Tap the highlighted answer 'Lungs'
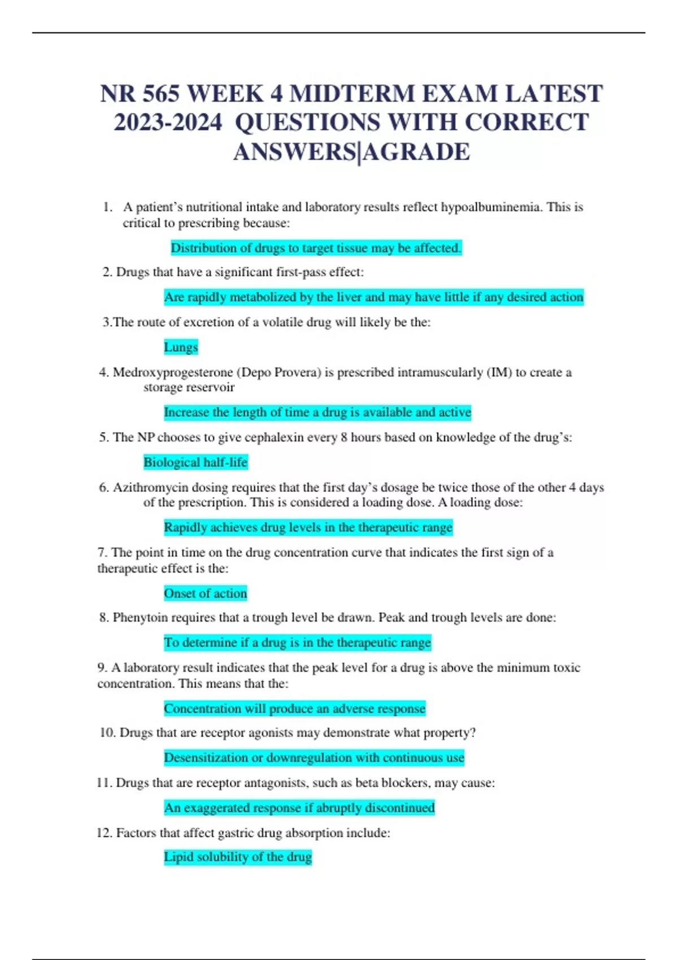click(x=181, y=347)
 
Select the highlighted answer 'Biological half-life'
click(x=195, y=462)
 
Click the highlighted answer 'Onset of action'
click(x=205, y=594)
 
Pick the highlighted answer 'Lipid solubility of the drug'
click(x=238, y=857)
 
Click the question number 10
click(x=107, y=732)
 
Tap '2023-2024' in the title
click(x=168, y=123)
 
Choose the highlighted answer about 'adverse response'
click(x=294, y=709)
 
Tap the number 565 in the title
click(x=160, y=94)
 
